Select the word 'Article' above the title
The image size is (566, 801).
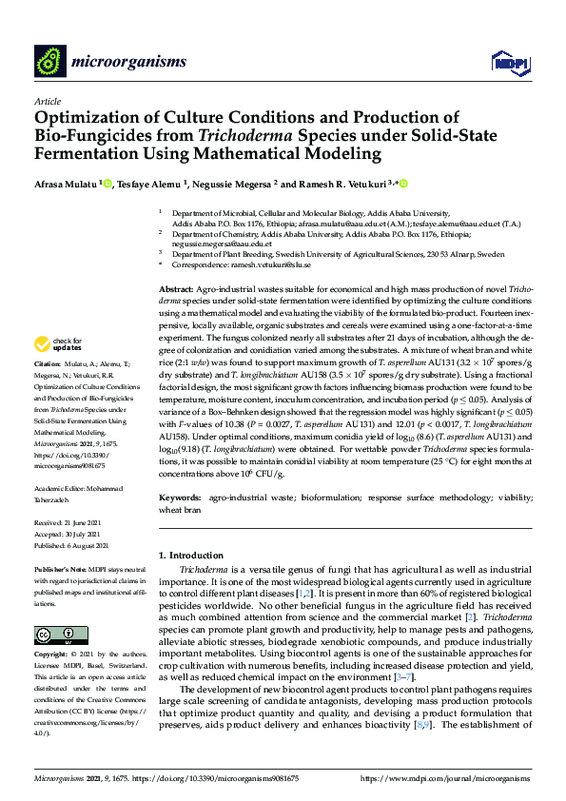pos(47,100)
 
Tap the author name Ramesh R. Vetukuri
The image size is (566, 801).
pos(322,184)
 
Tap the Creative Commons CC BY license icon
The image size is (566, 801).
pos(54,635)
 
